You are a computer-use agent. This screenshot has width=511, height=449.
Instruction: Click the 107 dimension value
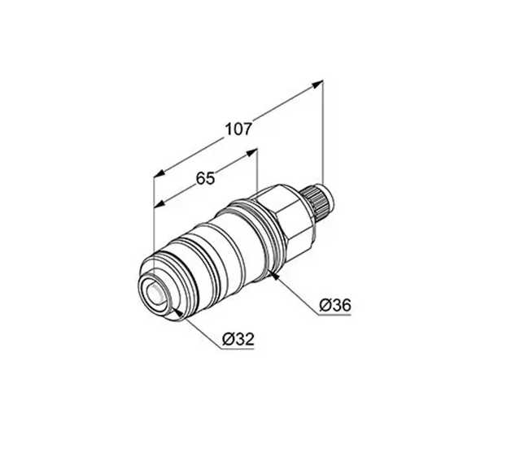click(x=239, y=129)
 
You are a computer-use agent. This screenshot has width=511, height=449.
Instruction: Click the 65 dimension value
click(x=205, y=178)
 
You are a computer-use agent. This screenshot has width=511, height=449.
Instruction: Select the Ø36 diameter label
click(x=335, y=305)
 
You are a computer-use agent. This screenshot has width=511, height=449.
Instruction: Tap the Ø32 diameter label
click(x=238, y=339)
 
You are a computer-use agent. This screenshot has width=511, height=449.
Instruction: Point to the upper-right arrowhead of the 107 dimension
click(x=317, y=84)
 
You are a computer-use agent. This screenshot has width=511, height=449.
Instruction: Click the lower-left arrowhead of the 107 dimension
click(x=159, y=173)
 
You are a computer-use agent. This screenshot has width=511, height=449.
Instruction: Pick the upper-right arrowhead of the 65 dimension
click(x=252, y=152)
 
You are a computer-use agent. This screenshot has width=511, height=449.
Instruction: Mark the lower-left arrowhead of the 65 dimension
click(x=159, y=204)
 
